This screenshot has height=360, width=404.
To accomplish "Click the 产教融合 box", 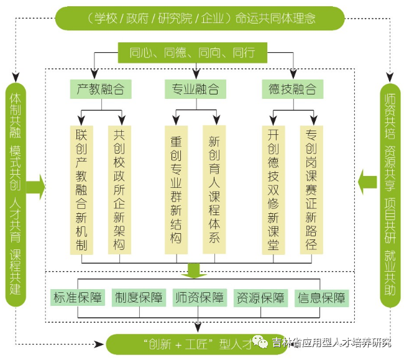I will (x=100, y=89).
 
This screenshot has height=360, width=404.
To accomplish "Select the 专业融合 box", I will (x=195, y=89).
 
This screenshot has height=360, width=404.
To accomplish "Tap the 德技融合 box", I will (x=292, y=89).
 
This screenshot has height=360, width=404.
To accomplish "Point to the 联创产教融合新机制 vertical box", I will (x=82, y=190).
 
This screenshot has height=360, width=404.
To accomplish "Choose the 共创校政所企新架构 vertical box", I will (x=119, y=190).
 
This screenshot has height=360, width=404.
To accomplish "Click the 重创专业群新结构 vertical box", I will (x=176, y=190).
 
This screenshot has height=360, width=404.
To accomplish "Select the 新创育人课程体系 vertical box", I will (x=214, y=190).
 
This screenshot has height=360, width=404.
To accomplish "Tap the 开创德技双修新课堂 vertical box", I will (x=273, y=190).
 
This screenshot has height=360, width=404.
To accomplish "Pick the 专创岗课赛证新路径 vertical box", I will (x=311, y=190).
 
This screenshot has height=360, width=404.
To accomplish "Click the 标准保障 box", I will (x=78, y=297).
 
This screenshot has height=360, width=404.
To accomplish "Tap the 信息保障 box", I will (x=321, y=297).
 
